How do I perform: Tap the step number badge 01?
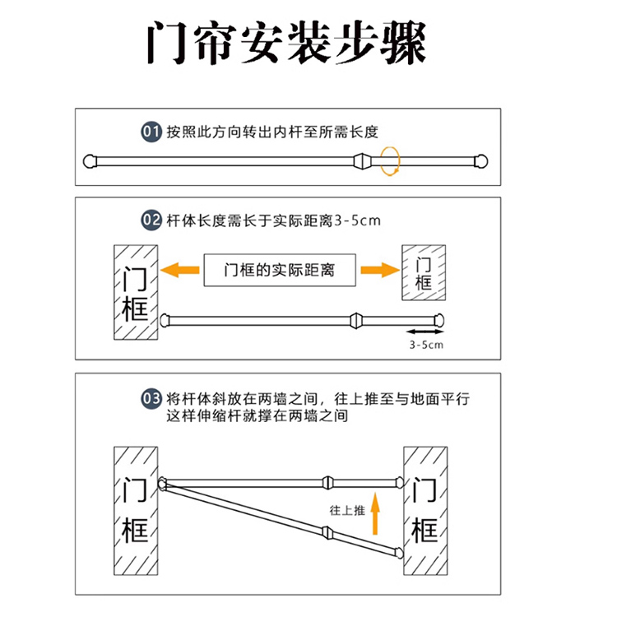(x=151, y=132)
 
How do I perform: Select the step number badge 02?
(x=151, y=220)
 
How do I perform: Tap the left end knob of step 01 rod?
(x=92, y=160)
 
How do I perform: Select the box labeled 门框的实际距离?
(x=280, y=270)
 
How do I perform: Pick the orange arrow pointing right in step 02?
(x=378, y=269)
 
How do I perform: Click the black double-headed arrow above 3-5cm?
(x=424, y=332)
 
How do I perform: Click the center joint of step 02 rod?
(x=355, y=319)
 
